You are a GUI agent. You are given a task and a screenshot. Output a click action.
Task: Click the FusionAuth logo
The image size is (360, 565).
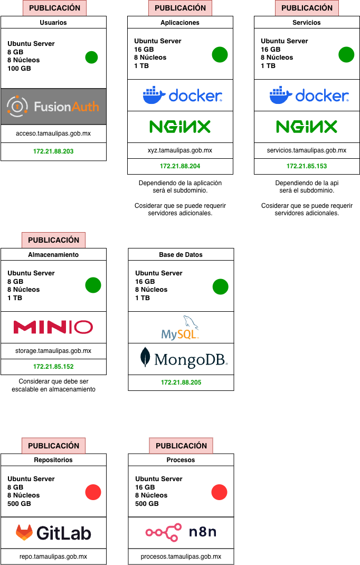(x=53, y=107)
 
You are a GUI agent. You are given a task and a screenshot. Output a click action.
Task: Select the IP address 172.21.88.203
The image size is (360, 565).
(x=53, y=152)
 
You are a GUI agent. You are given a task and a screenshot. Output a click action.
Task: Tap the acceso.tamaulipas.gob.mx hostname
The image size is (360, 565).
(x=53, y=133)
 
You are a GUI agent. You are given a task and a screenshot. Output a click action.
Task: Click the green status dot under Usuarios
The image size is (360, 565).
(x=91, y=57)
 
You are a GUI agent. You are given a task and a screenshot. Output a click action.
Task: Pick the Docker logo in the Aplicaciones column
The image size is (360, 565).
(x=180, y=95)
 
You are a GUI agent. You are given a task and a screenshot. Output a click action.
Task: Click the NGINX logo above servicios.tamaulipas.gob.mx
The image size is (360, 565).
(x=307, y=127)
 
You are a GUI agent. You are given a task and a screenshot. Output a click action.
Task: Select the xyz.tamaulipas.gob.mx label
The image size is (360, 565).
(x=180, y=150)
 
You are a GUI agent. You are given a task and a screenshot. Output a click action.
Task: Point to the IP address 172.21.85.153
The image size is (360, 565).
(x=307, y=166)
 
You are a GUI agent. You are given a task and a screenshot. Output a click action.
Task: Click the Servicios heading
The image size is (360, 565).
(x=307, y=23)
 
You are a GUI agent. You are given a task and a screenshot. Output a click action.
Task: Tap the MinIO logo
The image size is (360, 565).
(x=53, y=327)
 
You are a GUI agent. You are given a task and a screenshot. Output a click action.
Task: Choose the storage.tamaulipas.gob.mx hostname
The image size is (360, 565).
(x=53, y=351)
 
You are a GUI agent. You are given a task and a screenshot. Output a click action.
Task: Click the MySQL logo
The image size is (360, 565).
(x=181, y=328)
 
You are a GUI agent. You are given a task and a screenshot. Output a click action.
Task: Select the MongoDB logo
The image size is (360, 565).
(x=181, y=359)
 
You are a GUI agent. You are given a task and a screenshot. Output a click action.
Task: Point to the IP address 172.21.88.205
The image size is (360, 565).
(x=181, y=382)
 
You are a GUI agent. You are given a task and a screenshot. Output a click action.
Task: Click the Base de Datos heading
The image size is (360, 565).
(x=181, y=254)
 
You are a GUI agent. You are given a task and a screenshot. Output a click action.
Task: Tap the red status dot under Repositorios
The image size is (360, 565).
(x=93, y=492)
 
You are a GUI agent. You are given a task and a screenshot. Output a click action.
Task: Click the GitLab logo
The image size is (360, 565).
(x=53, y=533)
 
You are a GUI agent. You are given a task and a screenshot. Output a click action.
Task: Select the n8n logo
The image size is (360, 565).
(x=181, y=533)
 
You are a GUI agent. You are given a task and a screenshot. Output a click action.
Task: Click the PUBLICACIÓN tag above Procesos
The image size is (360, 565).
(x=181, y=446)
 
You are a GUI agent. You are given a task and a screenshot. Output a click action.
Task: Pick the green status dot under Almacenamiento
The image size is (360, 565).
(x=93, y=285)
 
